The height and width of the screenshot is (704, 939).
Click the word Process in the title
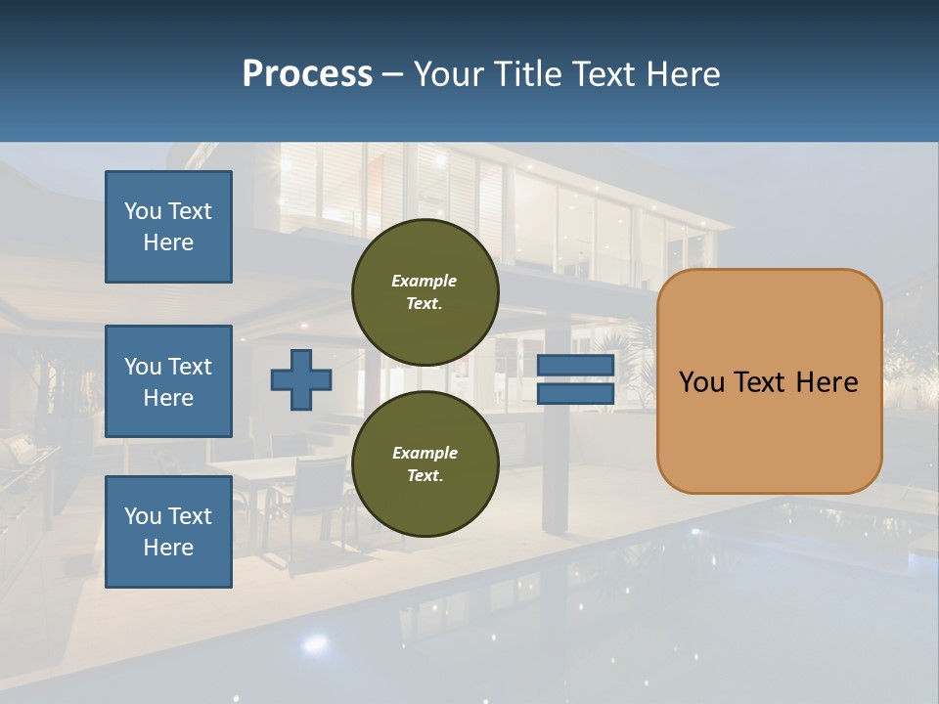coord(307,74)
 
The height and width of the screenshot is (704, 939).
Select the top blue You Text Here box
coord(168,227)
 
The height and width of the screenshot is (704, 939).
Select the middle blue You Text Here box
coord(168,381)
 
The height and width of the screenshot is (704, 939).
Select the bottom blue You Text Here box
coord(168,531)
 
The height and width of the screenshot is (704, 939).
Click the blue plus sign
coord(301,379)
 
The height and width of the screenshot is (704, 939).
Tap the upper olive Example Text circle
coord(425,292)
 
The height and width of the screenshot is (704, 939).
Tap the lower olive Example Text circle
coord(425,463)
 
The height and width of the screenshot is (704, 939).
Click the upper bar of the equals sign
coord(575,365)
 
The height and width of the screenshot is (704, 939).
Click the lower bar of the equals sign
coord(575,393)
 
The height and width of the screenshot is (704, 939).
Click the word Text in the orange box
coord(765,382)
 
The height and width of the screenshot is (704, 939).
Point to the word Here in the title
coord(685,74)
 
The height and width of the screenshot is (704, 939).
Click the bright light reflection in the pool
coord(315,643)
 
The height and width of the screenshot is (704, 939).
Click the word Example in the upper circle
coord(425,281)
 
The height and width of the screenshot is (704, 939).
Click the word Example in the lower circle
coord(425,453)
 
